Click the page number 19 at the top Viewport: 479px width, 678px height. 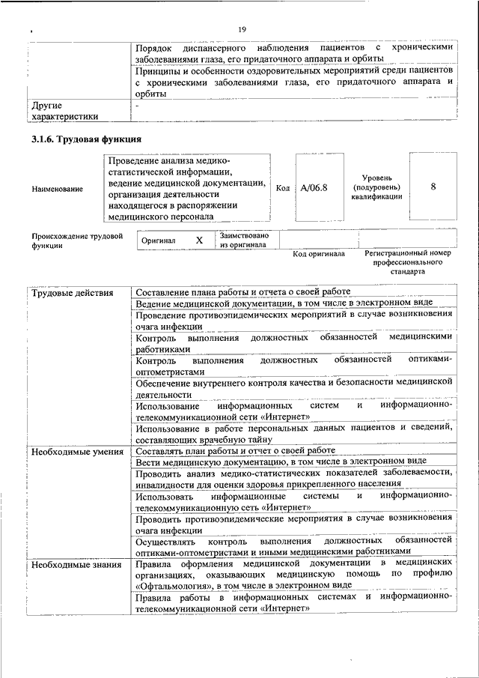point(242,29)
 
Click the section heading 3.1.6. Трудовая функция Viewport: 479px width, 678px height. point(86,139)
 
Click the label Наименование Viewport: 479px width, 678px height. point(58,189)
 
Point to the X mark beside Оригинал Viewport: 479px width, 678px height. point(199,240)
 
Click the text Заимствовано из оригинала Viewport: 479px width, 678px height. point(245,240)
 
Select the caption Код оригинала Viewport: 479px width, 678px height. point(319,254)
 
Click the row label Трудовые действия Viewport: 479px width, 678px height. point(73,292)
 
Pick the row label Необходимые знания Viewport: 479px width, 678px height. point(77,564)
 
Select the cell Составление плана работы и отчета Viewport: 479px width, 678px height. point(242,291)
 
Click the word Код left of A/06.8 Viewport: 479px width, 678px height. point(283,188)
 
